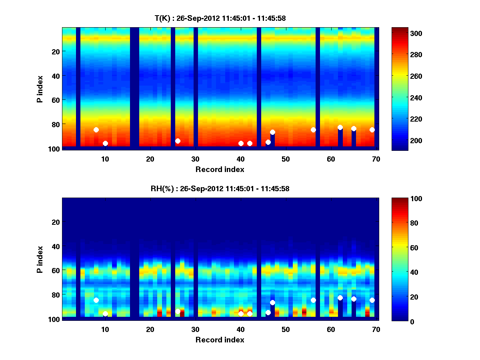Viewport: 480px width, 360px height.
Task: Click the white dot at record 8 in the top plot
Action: tap(96, 130)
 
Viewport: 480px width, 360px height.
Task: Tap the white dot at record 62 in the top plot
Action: tap(340, 127)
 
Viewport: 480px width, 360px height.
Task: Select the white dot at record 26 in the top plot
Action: tap(178, 141)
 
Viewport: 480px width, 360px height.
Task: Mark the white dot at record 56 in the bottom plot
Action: tap(313, 300)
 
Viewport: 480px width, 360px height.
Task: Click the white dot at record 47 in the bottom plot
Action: tap(272, 302)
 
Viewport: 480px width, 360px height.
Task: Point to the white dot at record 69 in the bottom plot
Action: tap(372, 300)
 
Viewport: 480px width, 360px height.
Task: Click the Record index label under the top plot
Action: tap(220, 169)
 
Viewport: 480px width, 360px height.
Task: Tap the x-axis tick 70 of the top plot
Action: tap(376, 158)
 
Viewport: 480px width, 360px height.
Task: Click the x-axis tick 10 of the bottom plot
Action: tap(105, 329)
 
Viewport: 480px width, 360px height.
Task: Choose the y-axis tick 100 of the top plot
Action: tap(55, 149)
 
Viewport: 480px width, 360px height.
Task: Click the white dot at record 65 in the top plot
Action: tap(354, 128)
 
